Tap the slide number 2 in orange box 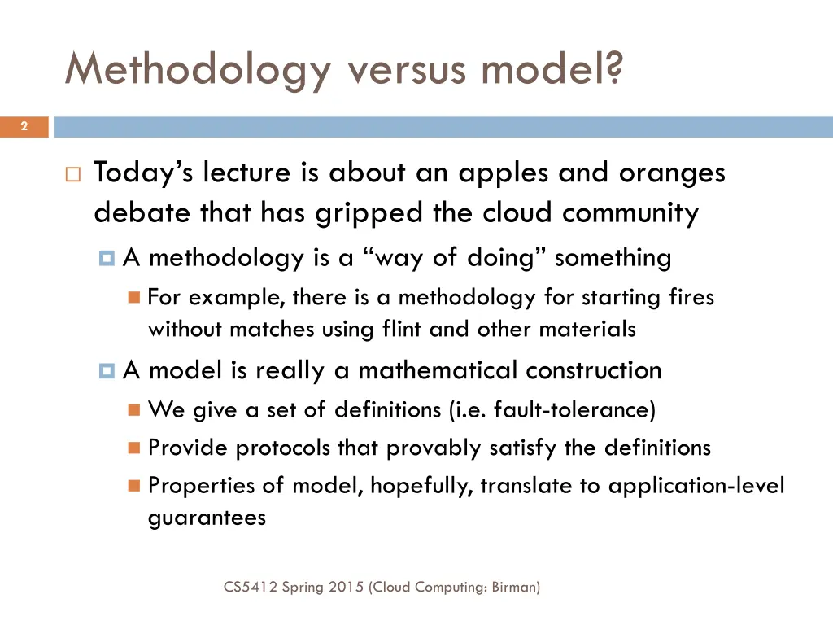click(24, 126)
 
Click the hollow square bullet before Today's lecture click(72, 174)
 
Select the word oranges click(672, 173)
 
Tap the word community click(630, 214)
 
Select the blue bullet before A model click(107, 371)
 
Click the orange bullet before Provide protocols click(134, 448)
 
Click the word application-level click(696, 487)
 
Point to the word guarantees click(207, 518)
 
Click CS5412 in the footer click(250, 586)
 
